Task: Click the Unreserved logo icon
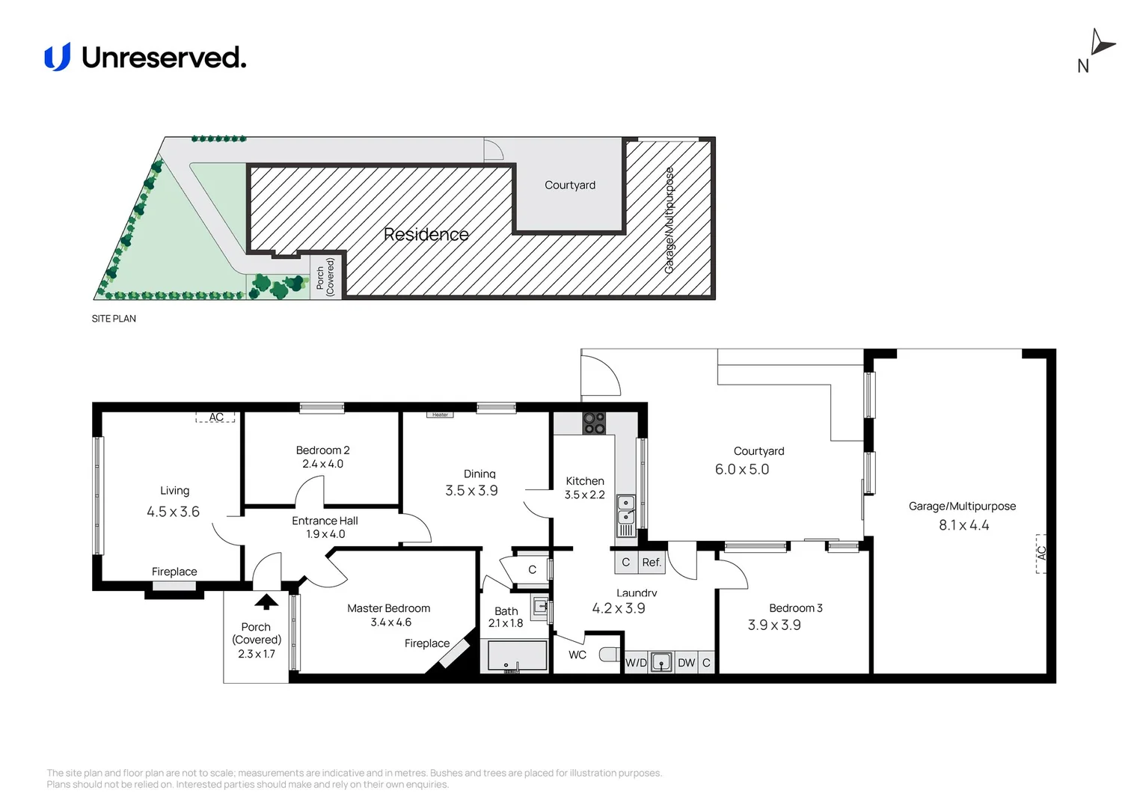point(57,57)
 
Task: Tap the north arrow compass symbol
point(1101,44)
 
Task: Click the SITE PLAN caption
point(114,319)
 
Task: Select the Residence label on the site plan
point(426,234)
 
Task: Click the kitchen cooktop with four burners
point(595,423)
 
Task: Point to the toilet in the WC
point(609,655)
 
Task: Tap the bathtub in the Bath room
point(517,655)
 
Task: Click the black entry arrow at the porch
point(266,602)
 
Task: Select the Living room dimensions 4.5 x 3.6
point(173,512)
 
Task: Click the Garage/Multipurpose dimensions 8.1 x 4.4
point(964,525)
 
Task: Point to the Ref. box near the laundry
point(652,563)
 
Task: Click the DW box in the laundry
point(686,663)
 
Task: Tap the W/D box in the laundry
point(637,663)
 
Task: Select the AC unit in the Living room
point(215,417)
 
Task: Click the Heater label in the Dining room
point(441,415)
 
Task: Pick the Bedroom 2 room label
point(322,450)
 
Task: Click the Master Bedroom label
point(389,608)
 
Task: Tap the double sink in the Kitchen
point(626,510)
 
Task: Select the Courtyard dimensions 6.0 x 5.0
point(742,469)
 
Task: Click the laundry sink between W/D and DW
point(661,663)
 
